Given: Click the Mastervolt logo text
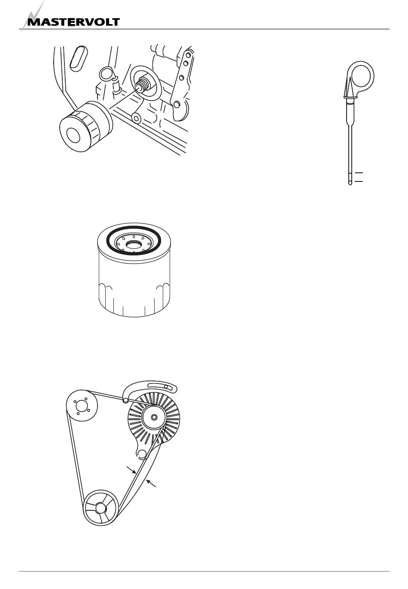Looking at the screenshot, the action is (x=74, y=22).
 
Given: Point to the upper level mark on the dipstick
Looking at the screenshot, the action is (x=359, y=173).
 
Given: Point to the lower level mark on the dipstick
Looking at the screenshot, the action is (x=359, y=181).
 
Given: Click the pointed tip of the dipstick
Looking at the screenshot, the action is (x=350, y=184).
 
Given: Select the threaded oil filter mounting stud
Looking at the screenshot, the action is (x=142, y=84).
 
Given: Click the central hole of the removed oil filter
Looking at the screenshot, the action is (x=73, y=135).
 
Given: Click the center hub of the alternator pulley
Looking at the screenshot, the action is (x=154, y=417).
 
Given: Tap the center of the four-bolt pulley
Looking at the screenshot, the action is (x=82, y=407).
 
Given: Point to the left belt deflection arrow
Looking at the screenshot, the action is (x=131, y=470).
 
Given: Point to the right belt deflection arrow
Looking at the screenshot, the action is (x=151, y=483).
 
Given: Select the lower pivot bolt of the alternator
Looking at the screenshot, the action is (x=141, y=453).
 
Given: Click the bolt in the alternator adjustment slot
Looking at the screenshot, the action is (x=165, y=387).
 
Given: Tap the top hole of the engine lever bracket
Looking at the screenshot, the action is (x=188, y=55).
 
